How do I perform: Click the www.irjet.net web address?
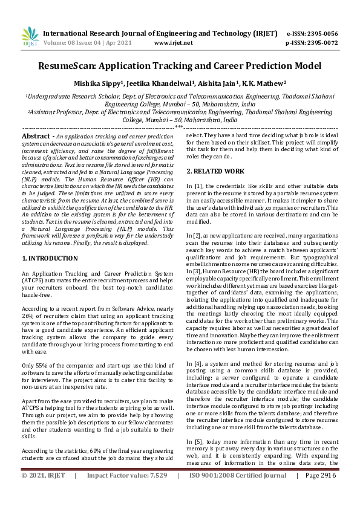click(x=174, y=43)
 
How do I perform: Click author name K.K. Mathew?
click(x=248, y=83)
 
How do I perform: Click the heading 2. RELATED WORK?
click(x=216, y=172)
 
